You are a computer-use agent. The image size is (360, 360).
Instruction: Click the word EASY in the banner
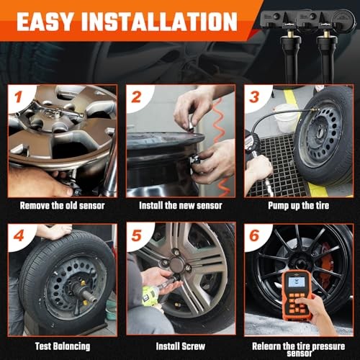(45, 22)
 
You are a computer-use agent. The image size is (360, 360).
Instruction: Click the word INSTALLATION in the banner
(159, 22)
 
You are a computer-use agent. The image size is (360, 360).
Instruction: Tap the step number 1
(18, 97)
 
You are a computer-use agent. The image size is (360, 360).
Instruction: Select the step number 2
(136, 97)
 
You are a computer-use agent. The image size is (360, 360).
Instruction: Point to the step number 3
(254, 97)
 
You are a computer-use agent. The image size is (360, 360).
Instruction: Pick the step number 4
(19, 235)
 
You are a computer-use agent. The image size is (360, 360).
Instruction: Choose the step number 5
(136, 235)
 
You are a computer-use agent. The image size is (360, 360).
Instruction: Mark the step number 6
(254, 235)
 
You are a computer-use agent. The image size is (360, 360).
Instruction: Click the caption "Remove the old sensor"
(62, 206)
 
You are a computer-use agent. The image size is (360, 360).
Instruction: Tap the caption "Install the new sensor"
(181, 206)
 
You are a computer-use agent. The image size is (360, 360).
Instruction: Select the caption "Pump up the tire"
(298, 206)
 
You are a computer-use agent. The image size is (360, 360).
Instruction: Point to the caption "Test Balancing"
(63, 346)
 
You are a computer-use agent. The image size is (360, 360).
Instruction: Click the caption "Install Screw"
(181, 346)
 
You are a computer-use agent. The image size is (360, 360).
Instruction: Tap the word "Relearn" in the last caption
(266, 346)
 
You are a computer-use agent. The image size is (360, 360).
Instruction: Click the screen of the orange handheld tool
(297, 282)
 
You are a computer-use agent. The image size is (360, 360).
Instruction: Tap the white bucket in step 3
(287, 118)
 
